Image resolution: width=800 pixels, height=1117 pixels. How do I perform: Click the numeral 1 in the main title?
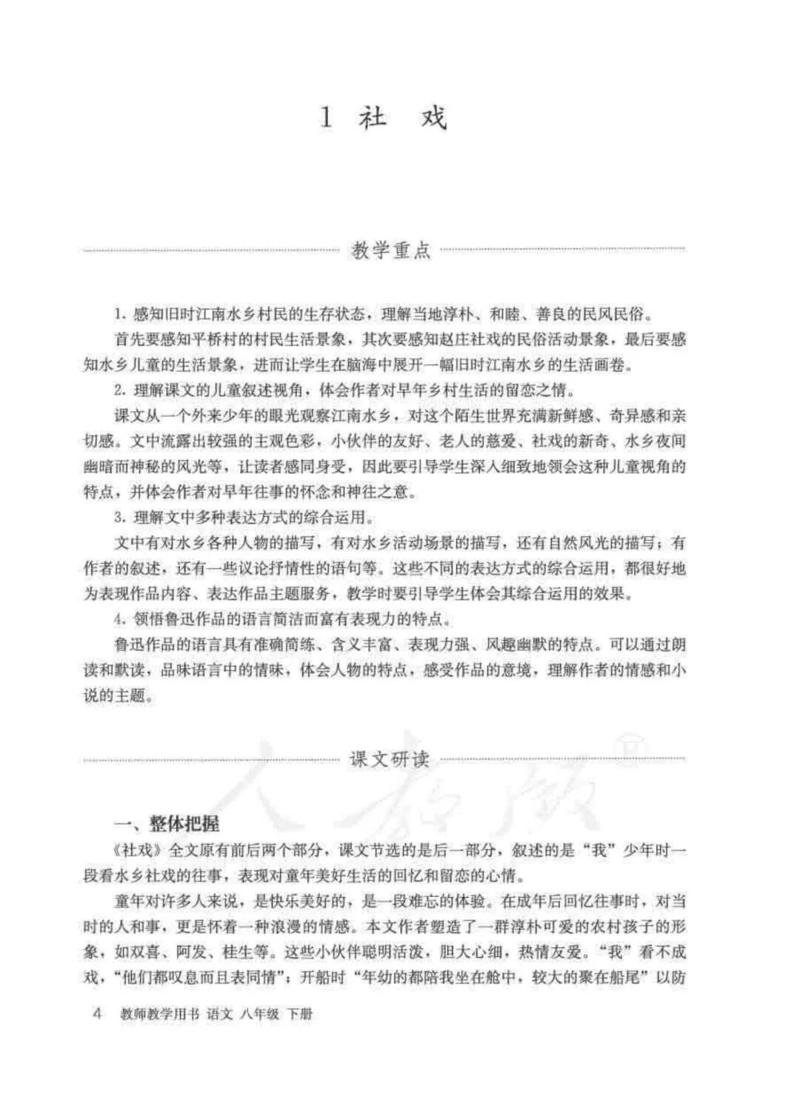[x=326, y=119]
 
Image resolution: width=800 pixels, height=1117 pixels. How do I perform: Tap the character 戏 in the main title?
[x=433, y=119]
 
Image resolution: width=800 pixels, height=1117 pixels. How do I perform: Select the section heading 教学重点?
[x=391, y=250]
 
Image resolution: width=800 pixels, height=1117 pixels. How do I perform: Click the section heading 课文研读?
[x=390, y=759]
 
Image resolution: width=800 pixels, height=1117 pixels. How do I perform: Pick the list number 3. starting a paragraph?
[x=120, y=516]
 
